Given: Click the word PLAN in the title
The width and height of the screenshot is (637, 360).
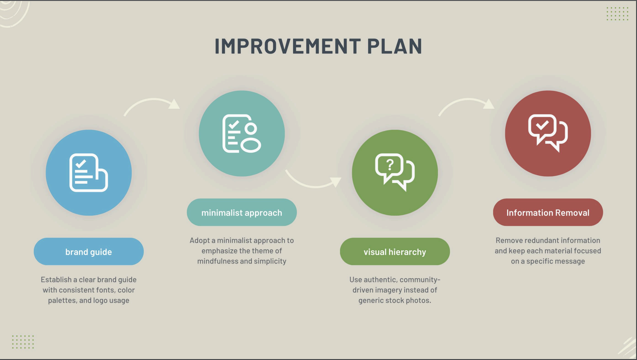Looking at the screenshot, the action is coord(395,46).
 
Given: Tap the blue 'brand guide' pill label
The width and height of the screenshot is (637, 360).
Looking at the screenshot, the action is coord(89,252).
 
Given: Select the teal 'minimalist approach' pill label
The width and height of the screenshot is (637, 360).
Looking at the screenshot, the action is coord(242,212).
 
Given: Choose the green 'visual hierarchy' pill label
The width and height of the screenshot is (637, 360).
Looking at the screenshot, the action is coord(395,252).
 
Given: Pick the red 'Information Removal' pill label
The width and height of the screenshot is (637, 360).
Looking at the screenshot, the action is coord(548,212).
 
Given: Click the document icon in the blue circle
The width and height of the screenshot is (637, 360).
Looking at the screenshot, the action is coord(89,173).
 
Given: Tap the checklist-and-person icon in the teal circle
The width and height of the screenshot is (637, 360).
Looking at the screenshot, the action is coord(242,134).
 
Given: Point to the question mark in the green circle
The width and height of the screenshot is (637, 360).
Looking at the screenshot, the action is coord(390,165).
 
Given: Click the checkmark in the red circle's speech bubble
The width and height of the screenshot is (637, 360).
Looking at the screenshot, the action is coord(542,125).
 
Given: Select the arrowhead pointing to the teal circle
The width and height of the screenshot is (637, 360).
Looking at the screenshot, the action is coord(174,104).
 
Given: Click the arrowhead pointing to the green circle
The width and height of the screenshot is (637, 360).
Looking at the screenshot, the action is coord(336,181).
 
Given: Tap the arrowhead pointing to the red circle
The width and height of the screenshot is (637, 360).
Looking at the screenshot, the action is coord(489,104).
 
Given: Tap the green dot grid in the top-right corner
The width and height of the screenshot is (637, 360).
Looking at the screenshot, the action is coord(618,14).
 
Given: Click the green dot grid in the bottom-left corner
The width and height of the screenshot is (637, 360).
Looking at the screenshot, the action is coord(23,342).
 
